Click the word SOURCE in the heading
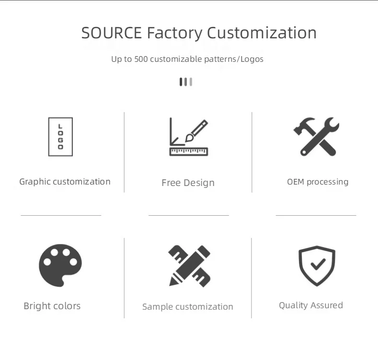[112, 33]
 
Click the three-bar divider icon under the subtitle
[186, 82]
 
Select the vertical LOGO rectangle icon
[60, 137]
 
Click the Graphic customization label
[65, 182]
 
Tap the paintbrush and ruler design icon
[189, 138]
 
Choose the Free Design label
[188, 183]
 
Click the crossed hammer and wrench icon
[316, 137]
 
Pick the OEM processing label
[318, 182]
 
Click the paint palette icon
[60, 265]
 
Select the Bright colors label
[52, 306]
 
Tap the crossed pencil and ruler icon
[190, 266]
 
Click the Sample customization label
[188, 307]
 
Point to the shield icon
[317, 266]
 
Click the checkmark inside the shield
[317, 264]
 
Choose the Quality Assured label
[311, 305]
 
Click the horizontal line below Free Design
[189, 216]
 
